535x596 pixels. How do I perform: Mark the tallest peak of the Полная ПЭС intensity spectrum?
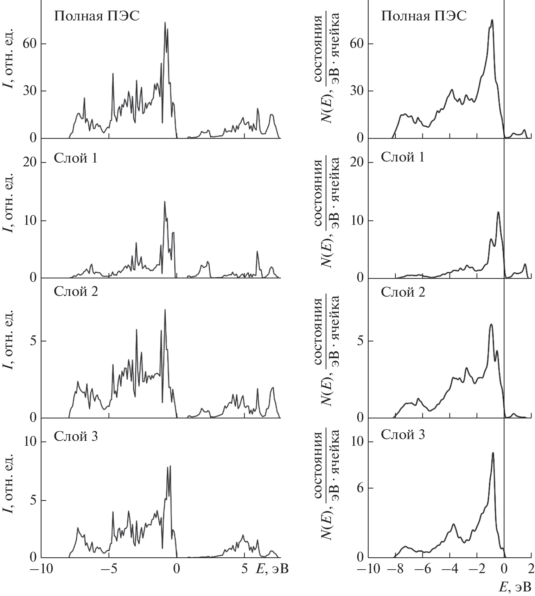[165, 23]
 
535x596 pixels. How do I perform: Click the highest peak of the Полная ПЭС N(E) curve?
[492, 20]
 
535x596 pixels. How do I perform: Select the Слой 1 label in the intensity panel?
[76, 158]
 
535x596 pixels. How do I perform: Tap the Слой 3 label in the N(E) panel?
[403, 435]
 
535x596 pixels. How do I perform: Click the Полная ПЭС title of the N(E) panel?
[424, 16]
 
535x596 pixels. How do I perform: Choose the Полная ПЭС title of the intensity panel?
[96, 16]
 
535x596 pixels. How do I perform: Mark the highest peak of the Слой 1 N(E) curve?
[498, 212]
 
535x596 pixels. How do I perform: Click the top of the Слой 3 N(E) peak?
[493, 453]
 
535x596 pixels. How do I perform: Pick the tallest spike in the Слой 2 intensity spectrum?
[165, 310]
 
